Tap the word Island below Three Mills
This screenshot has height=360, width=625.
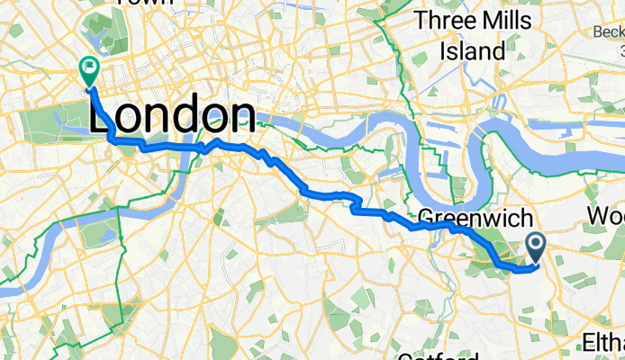473,50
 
